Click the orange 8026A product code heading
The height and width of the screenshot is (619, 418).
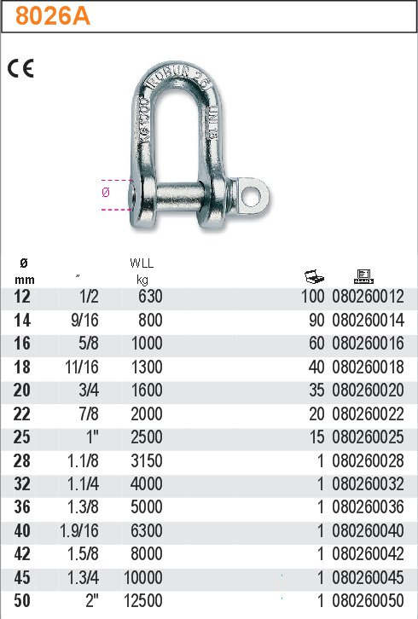(x=53, y=16)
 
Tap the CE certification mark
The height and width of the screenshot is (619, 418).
(x=21, y=68)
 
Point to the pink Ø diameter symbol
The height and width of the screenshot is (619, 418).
(x=106, y=192)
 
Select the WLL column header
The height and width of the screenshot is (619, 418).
(x=142, y=263)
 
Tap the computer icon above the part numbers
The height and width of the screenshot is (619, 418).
(x=363, y=276)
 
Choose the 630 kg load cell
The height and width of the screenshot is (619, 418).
(x=150, y=297)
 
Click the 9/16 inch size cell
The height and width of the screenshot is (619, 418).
(x=84, y=320)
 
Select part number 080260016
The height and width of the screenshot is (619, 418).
(x=368, y=343)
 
